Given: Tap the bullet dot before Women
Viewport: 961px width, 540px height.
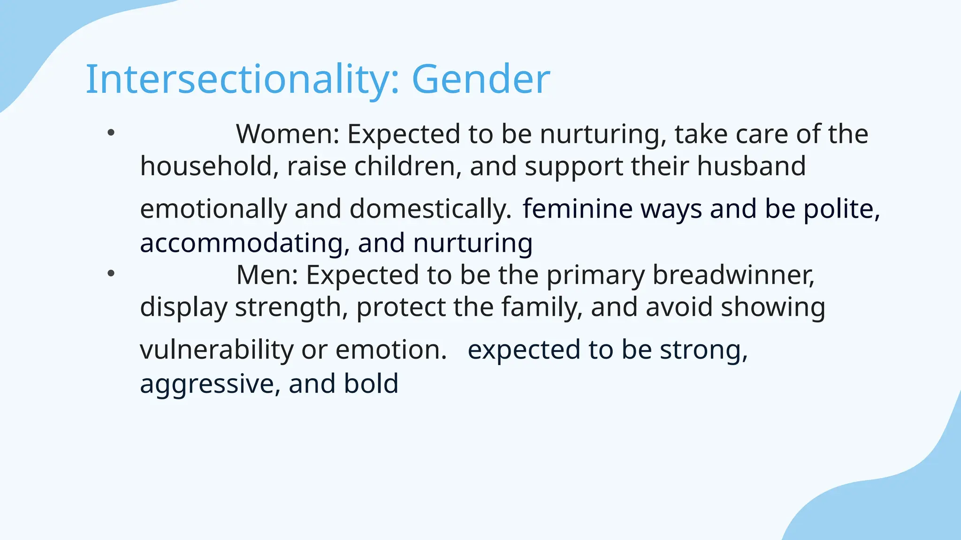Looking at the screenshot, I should (111, 133).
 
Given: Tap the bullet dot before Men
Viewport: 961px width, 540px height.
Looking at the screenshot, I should (111, 274).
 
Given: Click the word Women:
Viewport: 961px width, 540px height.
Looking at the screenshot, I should (288, 134).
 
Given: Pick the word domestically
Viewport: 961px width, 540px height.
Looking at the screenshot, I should (430, 209).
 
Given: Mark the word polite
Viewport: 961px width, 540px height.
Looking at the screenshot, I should (842, 209).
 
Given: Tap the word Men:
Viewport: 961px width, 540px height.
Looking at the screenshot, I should (267, 275).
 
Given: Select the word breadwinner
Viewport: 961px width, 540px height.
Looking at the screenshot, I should (733, 275).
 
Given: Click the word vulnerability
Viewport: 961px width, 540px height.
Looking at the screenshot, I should (216, 350).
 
